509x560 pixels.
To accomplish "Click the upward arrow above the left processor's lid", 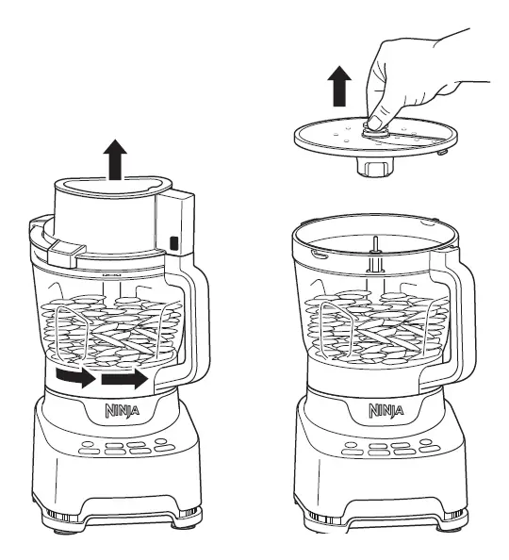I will [x=115, y=159].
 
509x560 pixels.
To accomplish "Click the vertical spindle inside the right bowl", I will [x=376, y=259].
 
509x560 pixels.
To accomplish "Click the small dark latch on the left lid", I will [x=175, y=244].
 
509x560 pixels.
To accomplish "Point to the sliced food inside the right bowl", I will [x=377, y=330].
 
